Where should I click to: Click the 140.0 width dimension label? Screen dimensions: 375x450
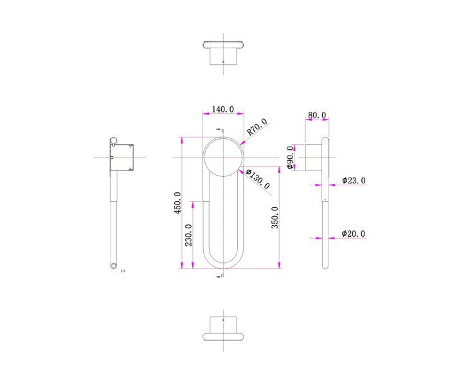[x=223, y=110]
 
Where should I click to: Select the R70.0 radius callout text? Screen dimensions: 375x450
[x=257, y=128]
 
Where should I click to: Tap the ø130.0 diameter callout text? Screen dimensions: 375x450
[x=258, y=181]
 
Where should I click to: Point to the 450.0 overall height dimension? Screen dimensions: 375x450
[x=178, y=203]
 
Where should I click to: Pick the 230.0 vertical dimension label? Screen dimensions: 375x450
[x=188, y=235]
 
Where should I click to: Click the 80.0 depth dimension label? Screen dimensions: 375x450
[x=316, y=115]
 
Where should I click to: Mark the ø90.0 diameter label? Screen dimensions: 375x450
[x=290, y=157]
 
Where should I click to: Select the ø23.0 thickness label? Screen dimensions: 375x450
[x=354, y=181]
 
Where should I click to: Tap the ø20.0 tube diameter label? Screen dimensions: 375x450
[x=354, y=233]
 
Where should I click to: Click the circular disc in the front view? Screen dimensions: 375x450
[x=223, y=157]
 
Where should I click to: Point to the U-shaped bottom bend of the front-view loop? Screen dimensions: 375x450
[x=223, y=261]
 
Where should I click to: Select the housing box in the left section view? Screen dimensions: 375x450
[x=122, y=158]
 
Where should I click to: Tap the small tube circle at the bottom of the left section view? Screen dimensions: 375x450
[x=114, y=264]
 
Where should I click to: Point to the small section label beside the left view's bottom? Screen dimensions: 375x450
[x=123, y=271]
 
